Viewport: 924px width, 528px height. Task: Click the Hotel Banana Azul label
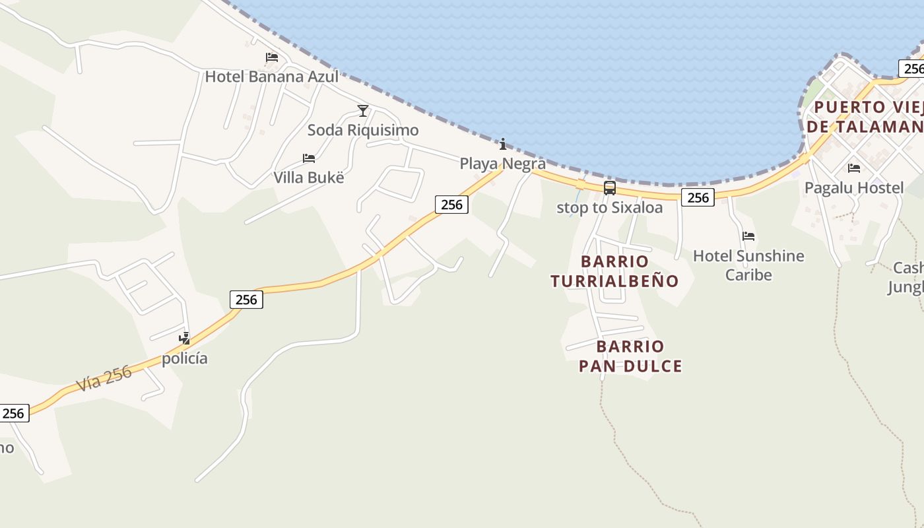tap(271, 77)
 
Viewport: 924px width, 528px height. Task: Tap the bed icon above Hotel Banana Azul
tap(271, 57)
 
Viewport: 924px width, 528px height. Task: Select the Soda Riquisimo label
tap(362, 130)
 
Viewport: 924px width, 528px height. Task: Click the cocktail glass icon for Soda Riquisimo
tap(362, 110)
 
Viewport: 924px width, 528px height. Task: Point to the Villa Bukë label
tap(308, 178)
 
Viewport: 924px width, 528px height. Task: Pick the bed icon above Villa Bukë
tap(308, 158)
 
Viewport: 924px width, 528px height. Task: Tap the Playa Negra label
tap(502, 164)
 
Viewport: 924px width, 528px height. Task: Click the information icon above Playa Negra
tap(503, 144)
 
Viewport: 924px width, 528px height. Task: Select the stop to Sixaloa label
tap(609, 207)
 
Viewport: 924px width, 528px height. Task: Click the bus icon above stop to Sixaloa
tap(609, 188)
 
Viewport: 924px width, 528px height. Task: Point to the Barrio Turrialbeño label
tap(614, 271)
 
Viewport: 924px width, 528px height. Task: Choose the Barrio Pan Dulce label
tap(630, 356)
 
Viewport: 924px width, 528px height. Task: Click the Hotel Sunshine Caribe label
tap(748, 265)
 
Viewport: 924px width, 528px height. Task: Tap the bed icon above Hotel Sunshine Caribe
tap(748, 236)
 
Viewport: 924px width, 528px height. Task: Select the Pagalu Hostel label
tap(853, 188)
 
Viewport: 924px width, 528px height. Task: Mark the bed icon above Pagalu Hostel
tap(854, 168)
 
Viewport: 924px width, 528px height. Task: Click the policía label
tap(185, 358)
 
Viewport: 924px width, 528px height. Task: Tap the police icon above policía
tap(185, 339)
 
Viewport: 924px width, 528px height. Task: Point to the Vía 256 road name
tap(104, 379)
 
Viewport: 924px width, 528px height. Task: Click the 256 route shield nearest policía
tap(246, 300)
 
